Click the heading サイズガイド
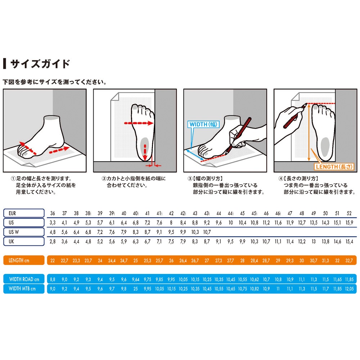[x=40, y=64]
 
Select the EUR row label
[x=24, y=213]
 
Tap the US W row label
[x=24, y=232]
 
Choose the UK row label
[x=24, y=241]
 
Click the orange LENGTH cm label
[x=24, y=260]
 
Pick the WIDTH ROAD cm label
[x=24, y=279]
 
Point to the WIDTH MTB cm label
[x=24, y=289]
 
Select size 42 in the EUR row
[x=171, y=213]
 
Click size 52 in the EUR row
[x=349, y=213]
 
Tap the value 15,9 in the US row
[x=349, y=222]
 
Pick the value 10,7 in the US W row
[x=207, y=232]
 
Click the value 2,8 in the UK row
[x=53, y=241]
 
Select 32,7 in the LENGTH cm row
[x=349, y=260]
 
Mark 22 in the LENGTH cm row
[x=53, y=260]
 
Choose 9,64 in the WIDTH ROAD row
[x=136, y=279]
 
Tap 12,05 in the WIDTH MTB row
[x=349, y=289]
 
